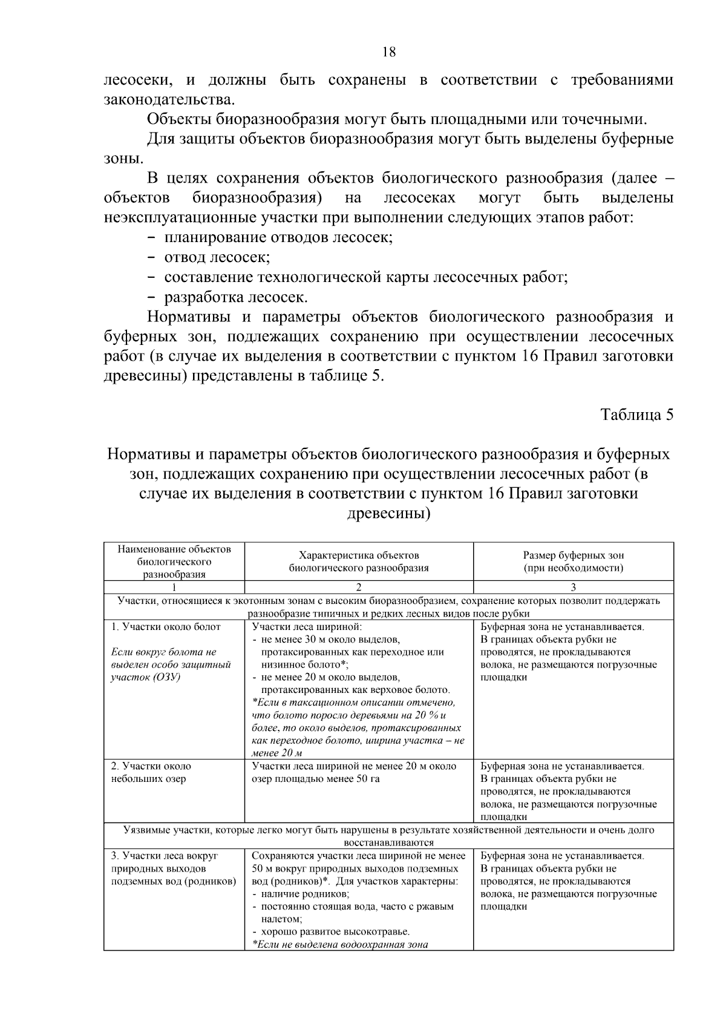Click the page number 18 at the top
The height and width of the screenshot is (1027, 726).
pos(389,52)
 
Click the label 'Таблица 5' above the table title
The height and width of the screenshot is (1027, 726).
pos(636,415)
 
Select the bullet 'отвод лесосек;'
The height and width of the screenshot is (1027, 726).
pos(217,257)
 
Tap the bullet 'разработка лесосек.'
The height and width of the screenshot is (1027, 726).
pos(236,297)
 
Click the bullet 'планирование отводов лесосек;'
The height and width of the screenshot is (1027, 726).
pos(278,237)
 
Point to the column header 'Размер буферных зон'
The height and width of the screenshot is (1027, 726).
pos(573,555)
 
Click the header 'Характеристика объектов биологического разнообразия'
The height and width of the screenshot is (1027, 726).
pos(359,561)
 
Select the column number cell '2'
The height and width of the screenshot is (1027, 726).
pos(359,587)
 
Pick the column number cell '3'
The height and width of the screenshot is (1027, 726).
pos(573,587)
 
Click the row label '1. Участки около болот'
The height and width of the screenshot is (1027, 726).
pos(166,626)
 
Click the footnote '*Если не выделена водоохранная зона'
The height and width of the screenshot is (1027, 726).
pos(339,944)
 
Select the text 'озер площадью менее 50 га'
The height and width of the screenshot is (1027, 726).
pos(315,778)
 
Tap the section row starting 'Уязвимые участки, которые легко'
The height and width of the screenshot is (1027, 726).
pos(388,836)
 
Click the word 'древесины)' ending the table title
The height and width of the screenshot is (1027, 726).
pos(388,513)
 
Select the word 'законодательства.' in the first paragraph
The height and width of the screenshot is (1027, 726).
pos(169,99)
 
